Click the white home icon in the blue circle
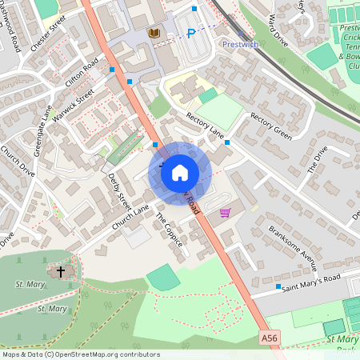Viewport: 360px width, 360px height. pyautogui.click(x=180, y=172)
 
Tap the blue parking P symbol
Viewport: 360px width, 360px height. pyautogui.click(x=190, y=33)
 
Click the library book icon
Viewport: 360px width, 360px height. pyautogui.click(x=154, y=33)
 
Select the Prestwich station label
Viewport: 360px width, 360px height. pyautogui.click(x=240, y=44)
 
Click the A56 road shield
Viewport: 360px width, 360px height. pyautogui.click(x=270, y=339)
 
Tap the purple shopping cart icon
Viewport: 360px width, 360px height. pyautogui.click(x=225, y=213)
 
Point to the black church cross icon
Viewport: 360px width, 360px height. pyautogui.click(x=59, y=271)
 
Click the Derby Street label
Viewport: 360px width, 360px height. pyautogui.click(x=118, y=188)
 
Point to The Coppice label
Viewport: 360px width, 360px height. pyautogui.click(x=169, y=230)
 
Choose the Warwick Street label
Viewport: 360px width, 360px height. pyautogui.click(x=74, y=102)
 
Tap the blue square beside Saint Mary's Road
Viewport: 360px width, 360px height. pyautogui.click(x=278, y=286)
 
